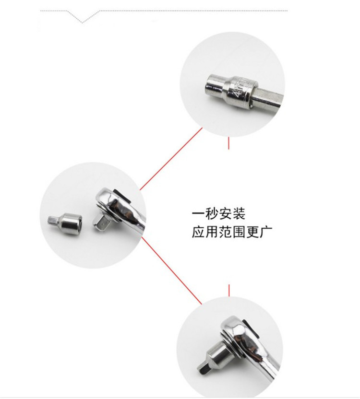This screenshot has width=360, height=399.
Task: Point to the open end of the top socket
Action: click(211, 86)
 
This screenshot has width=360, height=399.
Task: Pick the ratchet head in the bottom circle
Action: click(240, 333)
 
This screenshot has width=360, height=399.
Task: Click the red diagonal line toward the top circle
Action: click(171, 159)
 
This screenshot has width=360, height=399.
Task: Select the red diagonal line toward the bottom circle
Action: click(171, 270)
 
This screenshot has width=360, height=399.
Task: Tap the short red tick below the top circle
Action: click(228, 143)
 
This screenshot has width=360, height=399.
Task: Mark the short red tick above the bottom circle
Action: click(229, 291)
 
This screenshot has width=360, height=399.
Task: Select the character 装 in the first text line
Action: click(239, 214)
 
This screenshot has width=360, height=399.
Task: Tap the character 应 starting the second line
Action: click(198, 232)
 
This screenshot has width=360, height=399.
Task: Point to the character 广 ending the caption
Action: click(266, 232)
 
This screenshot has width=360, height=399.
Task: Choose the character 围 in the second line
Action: click(239, 232)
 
